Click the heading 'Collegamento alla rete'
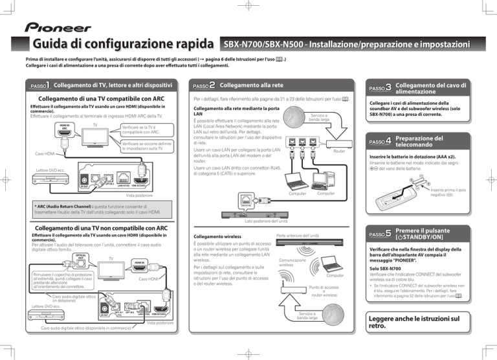click(252, 85)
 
